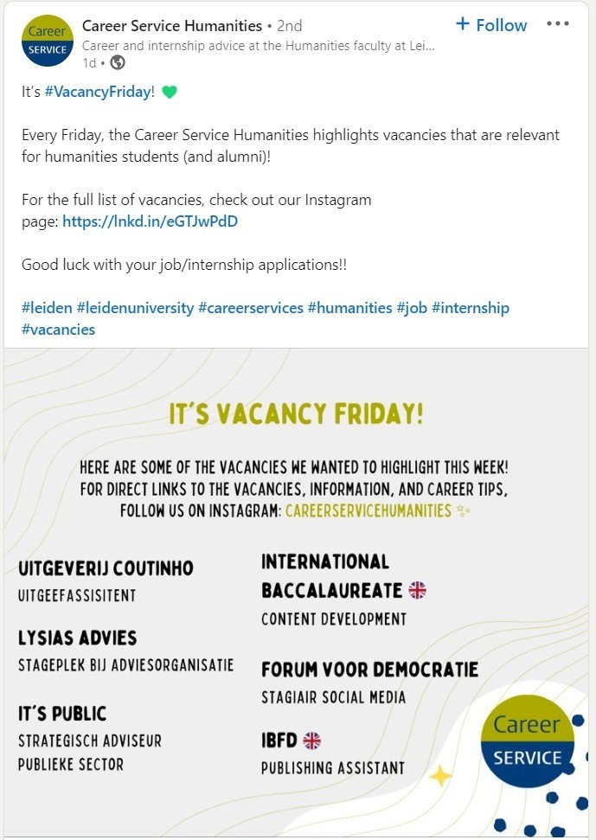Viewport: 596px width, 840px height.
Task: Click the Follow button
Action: point(490,25)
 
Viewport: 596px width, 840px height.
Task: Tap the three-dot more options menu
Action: point(558,24)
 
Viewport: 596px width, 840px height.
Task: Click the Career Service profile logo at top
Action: point(47,41)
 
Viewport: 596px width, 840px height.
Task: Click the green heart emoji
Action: point(170,92)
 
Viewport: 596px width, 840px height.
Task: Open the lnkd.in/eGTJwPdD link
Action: point(150,221)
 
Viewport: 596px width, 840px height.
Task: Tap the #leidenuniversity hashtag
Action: point(135,308)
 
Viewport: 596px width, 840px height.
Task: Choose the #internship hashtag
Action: point(471,308)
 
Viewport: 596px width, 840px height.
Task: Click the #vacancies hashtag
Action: point(58,330)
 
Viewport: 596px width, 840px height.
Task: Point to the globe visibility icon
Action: point(118,62)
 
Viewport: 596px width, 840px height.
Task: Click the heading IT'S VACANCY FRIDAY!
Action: point(297,414)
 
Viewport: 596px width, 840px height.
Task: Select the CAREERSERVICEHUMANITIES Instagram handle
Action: point(368,510)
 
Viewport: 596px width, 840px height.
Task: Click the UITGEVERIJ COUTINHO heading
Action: point(106,568)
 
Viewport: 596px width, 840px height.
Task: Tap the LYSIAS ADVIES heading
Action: point(78,638)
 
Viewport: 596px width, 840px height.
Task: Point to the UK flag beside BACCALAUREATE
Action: point(418,590)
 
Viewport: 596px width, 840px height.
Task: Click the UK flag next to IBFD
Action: point(312,741)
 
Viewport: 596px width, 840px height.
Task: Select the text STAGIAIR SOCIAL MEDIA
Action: point(333,697)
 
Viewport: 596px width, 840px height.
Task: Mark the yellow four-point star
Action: point(441,776)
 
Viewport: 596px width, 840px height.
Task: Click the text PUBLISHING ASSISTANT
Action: point(333,768)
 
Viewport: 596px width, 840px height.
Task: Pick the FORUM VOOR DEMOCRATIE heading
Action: point(369,670)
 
